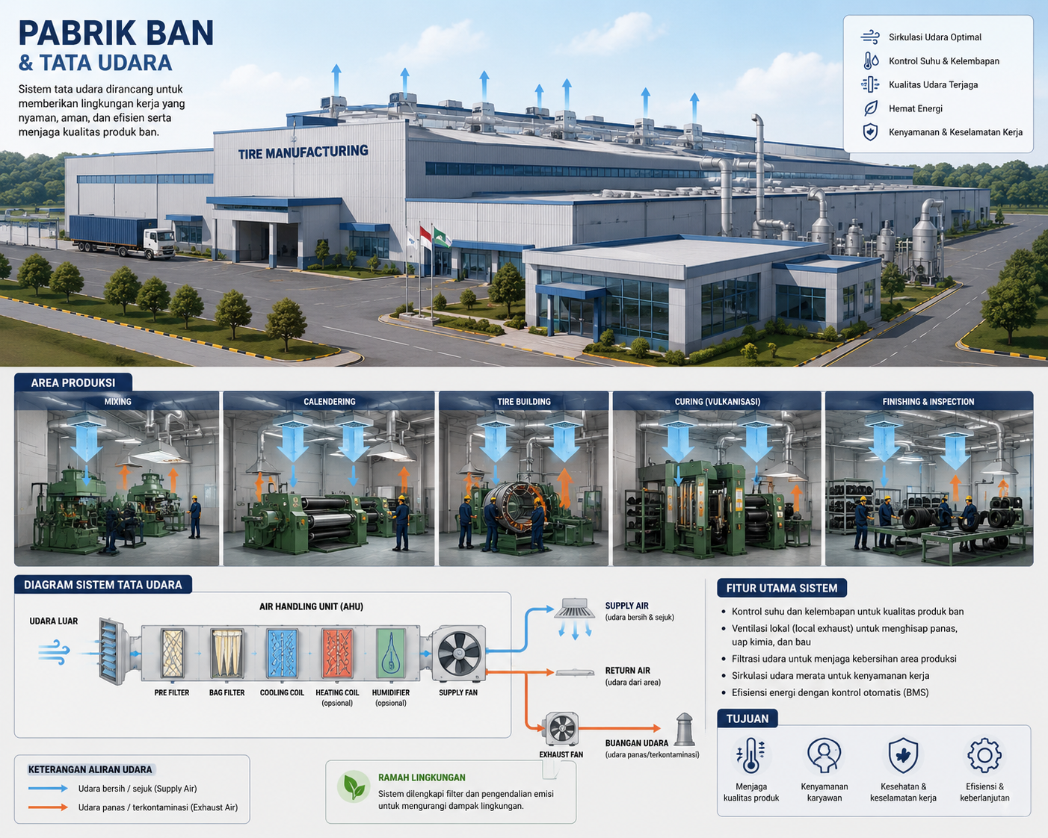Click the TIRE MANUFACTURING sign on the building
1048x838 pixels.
point(303,152)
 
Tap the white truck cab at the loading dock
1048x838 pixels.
point(160,242)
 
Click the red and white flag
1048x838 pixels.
point(425,238)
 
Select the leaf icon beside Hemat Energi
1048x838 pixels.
point(870,108)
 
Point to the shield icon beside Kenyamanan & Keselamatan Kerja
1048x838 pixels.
point(870,132)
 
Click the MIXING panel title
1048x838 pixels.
point(118,402)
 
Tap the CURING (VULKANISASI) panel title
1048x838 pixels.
point(717,402)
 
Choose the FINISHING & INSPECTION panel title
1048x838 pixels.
point(928,402)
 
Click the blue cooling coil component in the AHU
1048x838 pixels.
point(282,654)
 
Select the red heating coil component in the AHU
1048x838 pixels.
point(337,654)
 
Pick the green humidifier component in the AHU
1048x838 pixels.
point(390,654)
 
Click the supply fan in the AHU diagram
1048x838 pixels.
point(459,654)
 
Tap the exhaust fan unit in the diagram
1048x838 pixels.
point(561,728)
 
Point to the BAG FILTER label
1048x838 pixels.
point(227,692)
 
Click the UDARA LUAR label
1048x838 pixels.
point(54,621)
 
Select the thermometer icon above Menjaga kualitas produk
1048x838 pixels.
point(750,755)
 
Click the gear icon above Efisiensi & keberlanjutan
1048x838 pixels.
point(984,755)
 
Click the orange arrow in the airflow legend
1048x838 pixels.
point(48,807)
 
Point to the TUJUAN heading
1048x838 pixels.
point(747,718)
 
